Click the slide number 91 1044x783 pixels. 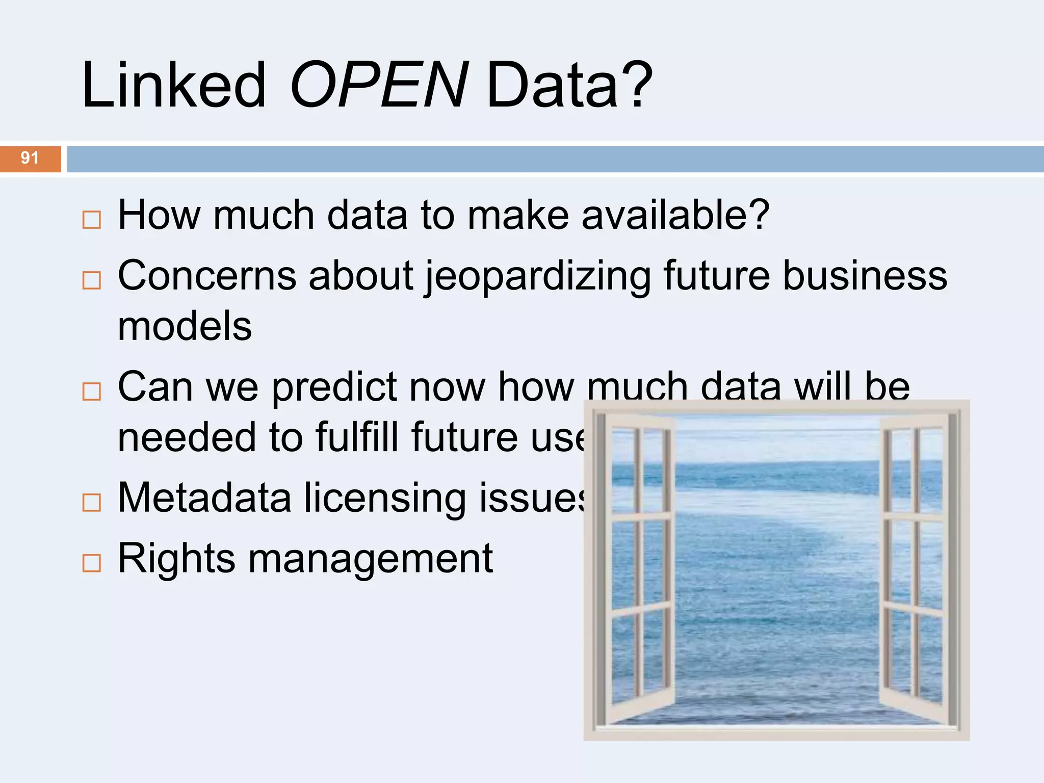coord(30,158)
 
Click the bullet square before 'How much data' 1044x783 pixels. coord(92,220)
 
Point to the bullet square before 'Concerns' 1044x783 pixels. coord(92,280)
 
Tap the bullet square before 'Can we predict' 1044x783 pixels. coord(92,391)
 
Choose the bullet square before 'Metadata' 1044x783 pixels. coord(92,503)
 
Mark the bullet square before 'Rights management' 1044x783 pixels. coord(92,563)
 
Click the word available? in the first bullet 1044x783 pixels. coord(675,215)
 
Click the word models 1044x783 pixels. coord(185,326)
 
